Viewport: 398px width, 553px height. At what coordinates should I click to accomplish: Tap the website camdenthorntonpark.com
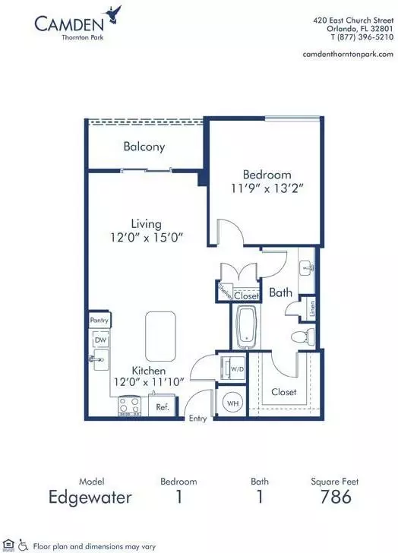pos(348,54)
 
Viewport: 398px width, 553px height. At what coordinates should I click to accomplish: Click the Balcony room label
pos(144,147)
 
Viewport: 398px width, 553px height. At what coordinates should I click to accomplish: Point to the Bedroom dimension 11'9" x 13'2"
pos(267,188)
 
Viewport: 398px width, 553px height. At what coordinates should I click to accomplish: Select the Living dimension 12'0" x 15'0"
pos(147,237)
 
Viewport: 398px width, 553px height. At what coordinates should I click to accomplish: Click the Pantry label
pos(99,320)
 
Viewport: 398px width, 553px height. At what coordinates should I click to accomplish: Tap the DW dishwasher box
pos(101,340)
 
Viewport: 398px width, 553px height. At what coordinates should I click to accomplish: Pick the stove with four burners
pos(129,406)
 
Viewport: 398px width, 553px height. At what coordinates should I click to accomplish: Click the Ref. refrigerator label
pos(163,406)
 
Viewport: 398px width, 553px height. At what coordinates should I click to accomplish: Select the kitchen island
pos(160,336)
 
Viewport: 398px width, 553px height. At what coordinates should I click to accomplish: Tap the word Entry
pos(197,419)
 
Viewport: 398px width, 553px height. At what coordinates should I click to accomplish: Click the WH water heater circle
pos(232,403)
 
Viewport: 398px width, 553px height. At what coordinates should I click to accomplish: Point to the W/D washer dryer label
pos(237,369)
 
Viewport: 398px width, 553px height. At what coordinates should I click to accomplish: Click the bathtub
pos(247,326)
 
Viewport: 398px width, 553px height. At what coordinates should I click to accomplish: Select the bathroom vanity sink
pos(306,270)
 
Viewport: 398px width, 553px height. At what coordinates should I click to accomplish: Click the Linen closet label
pos(312,308)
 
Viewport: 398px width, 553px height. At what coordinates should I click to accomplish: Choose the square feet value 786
pos(336,497)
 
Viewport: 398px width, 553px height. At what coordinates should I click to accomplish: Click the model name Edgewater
pos(90,498)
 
